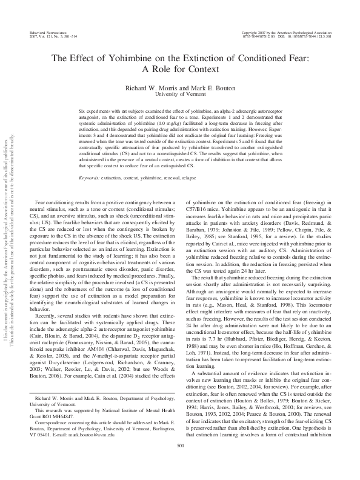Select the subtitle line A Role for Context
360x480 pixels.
pyautogui.click(x=179, y=69)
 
